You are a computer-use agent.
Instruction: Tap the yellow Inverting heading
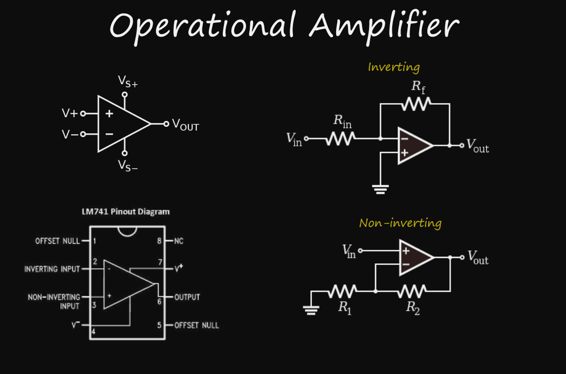tap(394, 67)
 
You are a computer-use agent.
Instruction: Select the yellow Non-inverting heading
tap(400, 223)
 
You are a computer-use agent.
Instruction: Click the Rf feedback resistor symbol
tap(416, 104)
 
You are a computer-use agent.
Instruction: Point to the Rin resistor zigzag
tap(340, 139)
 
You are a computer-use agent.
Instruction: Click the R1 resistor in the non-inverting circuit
tap(343, 291)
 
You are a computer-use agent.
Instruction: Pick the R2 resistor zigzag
tap(412, 291)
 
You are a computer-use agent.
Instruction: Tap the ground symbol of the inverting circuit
tap(380, 189)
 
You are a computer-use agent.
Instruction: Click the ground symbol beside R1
tap(311, 310)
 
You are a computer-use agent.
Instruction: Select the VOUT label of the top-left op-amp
tap(186, 125)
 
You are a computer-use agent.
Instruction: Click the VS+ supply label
tap(128, 81)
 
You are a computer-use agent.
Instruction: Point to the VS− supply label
tap(128, 166)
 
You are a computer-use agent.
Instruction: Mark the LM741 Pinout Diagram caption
tap(126, 212)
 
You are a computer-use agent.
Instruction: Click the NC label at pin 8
tap(179, 241)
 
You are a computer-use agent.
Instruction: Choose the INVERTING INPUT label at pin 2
tap(52, 269)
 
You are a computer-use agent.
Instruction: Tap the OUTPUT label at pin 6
tap(187, 297)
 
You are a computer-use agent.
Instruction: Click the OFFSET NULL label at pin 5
tap(196, 325)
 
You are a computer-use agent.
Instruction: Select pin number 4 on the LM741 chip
tap(93, 331)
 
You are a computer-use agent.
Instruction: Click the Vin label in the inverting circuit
tap(294, 139)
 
